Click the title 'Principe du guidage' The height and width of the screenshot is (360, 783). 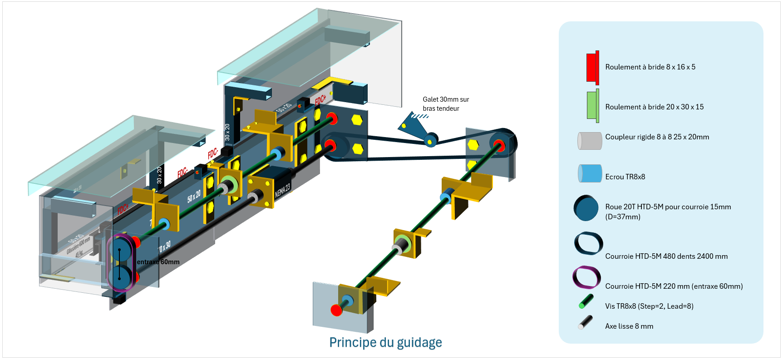coord(385,342)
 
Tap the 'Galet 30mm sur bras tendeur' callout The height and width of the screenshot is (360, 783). coord(445,104)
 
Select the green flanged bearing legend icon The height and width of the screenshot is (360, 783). coord(592,106)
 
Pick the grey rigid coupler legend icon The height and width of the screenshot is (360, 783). coord(590,141)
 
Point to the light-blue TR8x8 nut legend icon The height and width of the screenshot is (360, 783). coord(590,173)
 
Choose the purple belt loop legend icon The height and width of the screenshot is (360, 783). coord(586,277)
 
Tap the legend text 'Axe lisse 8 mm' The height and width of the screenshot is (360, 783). coord(629,326)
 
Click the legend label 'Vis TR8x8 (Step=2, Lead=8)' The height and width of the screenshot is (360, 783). coord(649,306)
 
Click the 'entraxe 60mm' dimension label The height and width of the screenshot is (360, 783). coord(158,262)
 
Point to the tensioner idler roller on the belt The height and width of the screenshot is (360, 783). coord(430,140)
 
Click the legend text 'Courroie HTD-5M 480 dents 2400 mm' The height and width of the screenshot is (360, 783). coord(666,256)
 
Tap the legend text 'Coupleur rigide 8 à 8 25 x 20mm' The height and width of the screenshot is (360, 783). coord(657,137)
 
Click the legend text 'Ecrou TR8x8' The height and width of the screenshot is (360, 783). coord(625,177)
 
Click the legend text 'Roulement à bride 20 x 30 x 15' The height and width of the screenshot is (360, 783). coord(654,107)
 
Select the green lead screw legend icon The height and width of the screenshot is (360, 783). coord(586,301)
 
